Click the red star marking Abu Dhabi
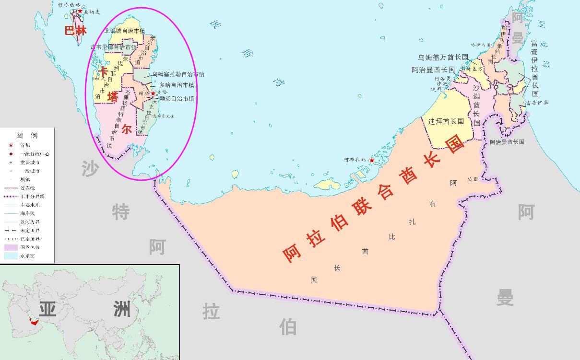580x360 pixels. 371,160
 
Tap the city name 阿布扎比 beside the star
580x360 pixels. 355,160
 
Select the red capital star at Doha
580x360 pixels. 153,93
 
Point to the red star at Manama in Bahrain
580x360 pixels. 80,11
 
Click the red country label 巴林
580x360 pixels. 76,31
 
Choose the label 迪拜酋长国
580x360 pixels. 446,122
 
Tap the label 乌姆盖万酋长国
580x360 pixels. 443,57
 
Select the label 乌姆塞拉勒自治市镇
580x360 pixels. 178,74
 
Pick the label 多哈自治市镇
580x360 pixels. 177,85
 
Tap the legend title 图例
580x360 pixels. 27,136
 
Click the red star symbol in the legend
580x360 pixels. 11,145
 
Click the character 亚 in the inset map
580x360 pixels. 47,309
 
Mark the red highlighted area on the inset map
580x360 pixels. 33,322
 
